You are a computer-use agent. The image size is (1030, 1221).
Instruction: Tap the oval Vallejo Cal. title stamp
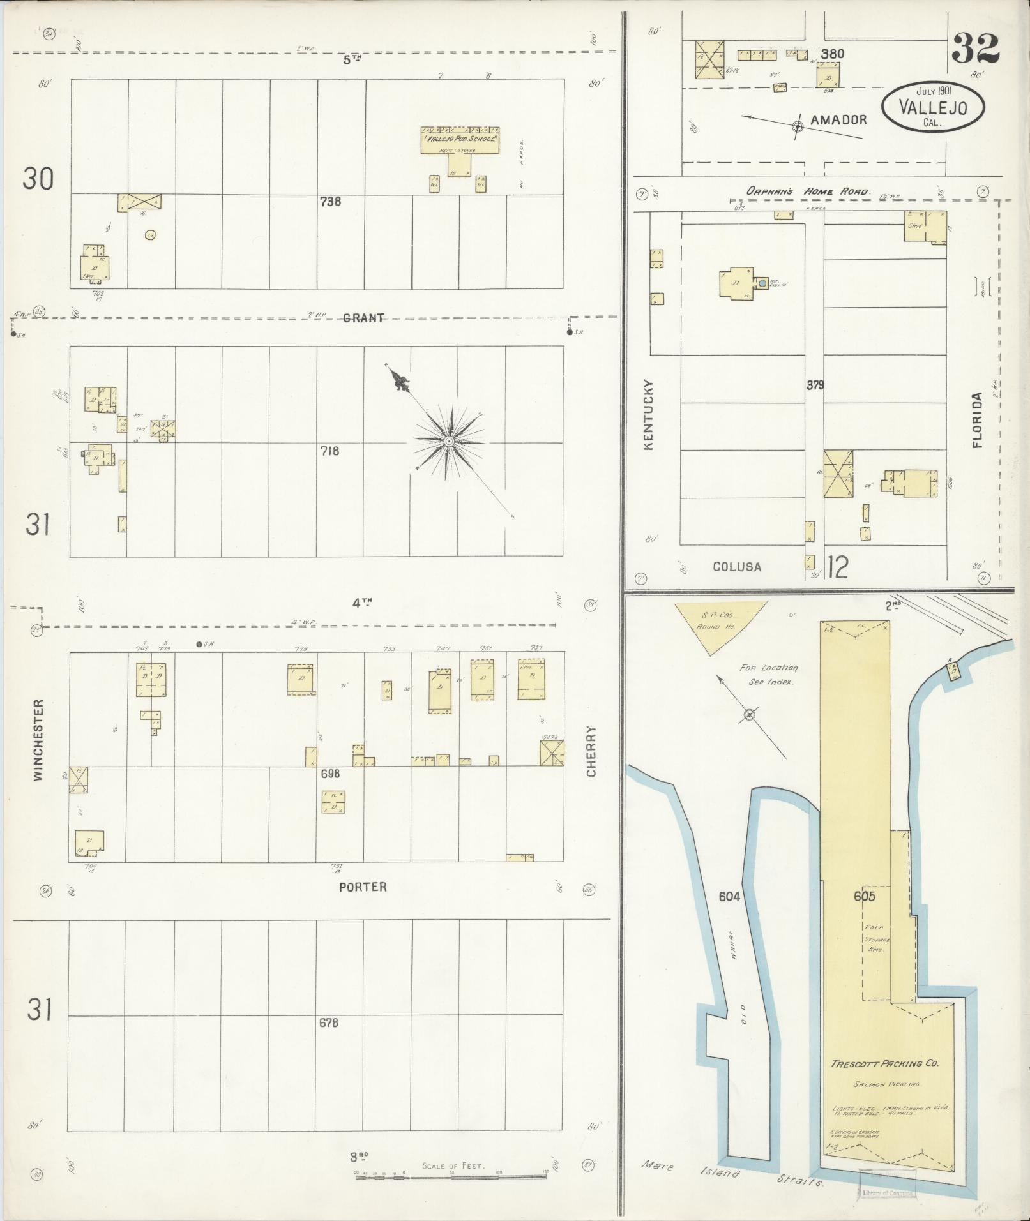[932, 107]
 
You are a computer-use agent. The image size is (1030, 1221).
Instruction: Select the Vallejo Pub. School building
[460, 142]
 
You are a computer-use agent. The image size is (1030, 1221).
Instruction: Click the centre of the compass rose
[449, 441]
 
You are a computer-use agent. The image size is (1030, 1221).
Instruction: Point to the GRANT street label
[363, 317]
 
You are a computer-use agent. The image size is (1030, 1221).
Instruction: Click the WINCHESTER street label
[38, 740]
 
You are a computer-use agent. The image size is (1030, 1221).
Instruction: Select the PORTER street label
[363, 887]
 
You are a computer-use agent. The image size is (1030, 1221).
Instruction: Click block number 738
[330, 202]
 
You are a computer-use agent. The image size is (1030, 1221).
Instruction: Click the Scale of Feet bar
[451, 1172]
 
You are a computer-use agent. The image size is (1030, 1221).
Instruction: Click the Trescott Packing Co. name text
[883, 1063]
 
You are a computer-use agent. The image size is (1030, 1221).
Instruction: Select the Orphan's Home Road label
[808, 191]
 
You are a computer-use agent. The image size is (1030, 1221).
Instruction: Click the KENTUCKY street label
[649, 415]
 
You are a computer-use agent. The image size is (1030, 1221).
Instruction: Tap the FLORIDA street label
[977, 420]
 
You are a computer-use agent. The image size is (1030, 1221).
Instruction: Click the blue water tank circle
[762, 281]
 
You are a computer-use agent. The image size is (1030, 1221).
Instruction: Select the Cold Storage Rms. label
[874, 940]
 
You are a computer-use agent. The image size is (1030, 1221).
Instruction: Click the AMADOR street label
[838, 119]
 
